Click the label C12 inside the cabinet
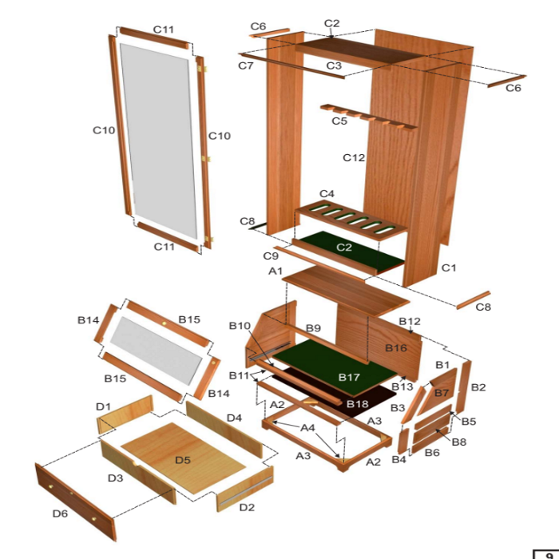coord(354,157)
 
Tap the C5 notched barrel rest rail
coord(368,117)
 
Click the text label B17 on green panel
coord(349,377)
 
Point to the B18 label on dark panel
coord(357,404)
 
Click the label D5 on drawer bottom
coord(183,460)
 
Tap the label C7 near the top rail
coord(246,65)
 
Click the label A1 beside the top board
coord(276,272)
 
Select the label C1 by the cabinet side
coord(449,268)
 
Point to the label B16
coord(396,348)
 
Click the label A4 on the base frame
coord(307,427)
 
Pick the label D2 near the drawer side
coord(247,507)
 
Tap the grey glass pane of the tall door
coord(159,141)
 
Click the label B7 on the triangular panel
coord(442,393)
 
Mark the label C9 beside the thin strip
coord(271,256)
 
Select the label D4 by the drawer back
coord(234,418)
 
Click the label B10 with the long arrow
coord(240,326)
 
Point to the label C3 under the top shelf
coord(334,65)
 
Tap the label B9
coord(313,328)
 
